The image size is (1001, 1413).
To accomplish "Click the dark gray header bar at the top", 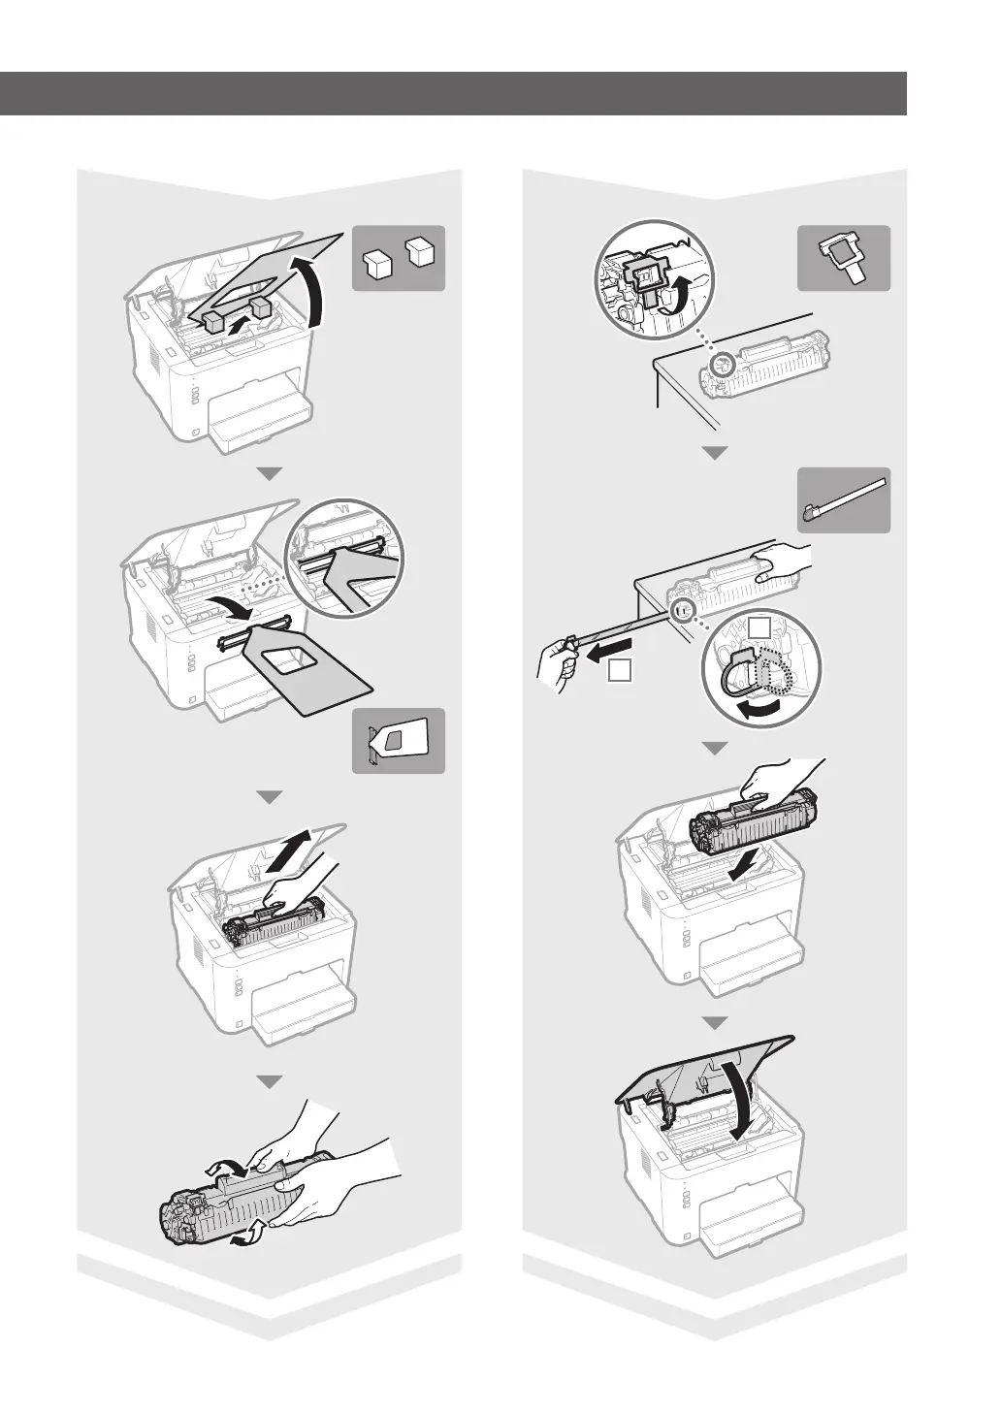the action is coord(453,93).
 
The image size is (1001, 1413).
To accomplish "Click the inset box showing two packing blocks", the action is coord(398,258).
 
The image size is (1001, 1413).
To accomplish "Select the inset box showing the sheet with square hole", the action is coord(398,741).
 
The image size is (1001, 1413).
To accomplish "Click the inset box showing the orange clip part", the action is coord(844,258).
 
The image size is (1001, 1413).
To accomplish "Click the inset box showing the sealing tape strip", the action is coord(844,499).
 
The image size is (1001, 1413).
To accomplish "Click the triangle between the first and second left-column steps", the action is coord(269,474).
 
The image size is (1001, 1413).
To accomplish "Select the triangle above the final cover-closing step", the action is coord(715,1022).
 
